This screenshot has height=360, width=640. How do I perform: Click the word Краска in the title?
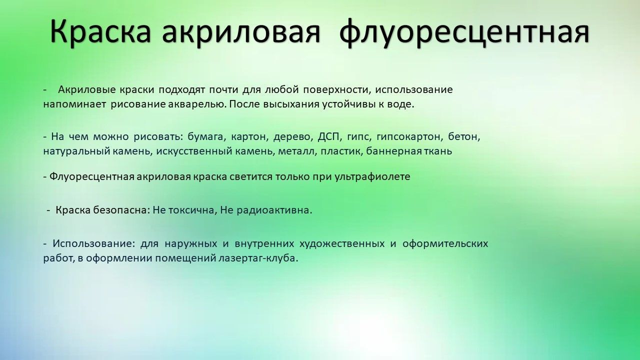100,31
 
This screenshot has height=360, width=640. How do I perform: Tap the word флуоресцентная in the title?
464,32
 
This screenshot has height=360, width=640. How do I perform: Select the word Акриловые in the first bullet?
87,89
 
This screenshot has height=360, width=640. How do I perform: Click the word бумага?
205,137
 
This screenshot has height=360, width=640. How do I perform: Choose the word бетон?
464,137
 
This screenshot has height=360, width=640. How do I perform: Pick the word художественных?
342,244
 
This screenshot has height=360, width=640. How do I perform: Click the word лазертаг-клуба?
258,258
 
